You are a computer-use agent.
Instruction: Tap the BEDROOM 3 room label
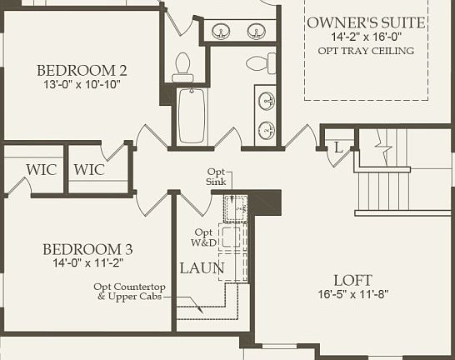click(x=87, y=249)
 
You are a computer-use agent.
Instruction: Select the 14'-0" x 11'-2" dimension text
click(x=87, y=263)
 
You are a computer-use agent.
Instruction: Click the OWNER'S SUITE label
click(x=366, y=22)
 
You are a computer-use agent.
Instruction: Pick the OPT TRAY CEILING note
click(x=366, y=51)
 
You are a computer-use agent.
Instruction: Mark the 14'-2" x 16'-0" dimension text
click(x=366, y=37)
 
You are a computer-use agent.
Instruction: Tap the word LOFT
click(x=352, y=280)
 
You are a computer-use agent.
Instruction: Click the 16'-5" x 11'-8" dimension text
click(x=352, y=294)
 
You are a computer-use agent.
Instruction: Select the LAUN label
click(x=202, y=268)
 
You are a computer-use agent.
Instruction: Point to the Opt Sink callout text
click(x=217, y=177)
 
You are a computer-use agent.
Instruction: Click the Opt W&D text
click(x=205, y=237)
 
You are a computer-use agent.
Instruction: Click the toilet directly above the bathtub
click(x=182, y=67)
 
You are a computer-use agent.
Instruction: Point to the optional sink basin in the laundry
click(x=236, y=205)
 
